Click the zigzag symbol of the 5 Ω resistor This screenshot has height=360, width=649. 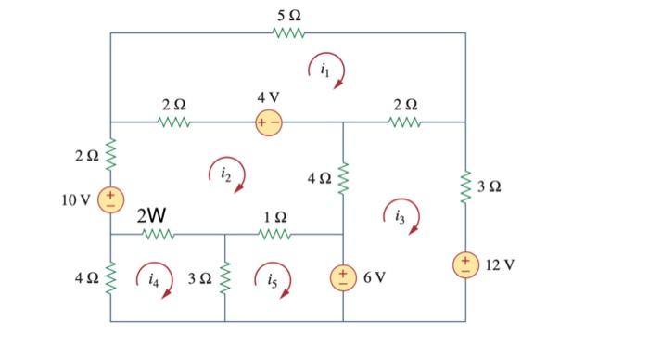point(288,34)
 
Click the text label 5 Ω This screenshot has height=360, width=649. point(288,16)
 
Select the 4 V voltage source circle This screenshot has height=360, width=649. point(270,122)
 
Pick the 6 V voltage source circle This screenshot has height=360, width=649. point(343,277)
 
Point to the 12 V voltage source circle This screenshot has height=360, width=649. point(464,265)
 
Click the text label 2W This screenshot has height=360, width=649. point(151,216)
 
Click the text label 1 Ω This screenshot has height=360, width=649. point(274,216)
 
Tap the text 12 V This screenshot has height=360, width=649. point(500,265)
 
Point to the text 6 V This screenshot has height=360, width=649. point(375,277)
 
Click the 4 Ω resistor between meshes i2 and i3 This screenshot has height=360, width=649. point(343,176)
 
